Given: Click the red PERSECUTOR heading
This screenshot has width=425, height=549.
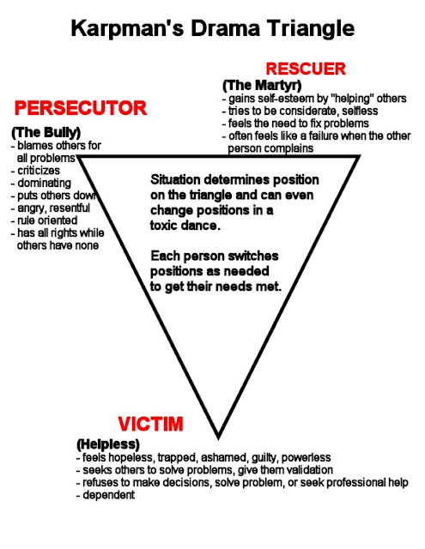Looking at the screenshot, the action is (x=80, y=108).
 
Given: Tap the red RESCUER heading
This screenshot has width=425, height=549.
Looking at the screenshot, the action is (x=306, y=69).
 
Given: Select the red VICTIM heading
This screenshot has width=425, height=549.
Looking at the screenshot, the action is (x=150, y=424).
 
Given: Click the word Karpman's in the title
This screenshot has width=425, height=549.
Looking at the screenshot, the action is (x=128, y=28).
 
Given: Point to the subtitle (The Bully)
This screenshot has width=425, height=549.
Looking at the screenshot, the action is (x=46, y=132).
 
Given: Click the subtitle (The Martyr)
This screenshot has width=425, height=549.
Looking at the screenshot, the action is (x=262, y=85).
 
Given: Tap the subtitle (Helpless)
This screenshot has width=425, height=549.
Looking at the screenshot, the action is (x=108, y=444).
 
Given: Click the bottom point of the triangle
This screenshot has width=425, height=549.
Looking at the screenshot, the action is (x=218, y=437).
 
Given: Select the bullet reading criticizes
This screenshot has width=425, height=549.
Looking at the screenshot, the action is (x=35, y=171).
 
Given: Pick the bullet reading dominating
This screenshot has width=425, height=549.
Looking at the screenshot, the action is (x=41, y=183).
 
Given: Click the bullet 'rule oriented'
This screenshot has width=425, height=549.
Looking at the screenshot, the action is (x=44, y=220).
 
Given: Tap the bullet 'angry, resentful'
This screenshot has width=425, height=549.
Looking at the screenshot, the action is (x=51, y=208).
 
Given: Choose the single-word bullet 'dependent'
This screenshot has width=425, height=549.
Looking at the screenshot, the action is (x=106, y=495).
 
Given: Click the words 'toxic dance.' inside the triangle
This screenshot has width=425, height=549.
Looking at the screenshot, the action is (x=185, y=226).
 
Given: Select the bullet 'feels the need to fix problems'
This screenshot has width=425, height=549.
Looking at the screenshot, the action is (x=295, y=124).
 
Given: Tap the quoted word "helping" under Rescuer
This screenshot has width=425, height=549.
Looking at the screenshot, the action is (x=351, y=99).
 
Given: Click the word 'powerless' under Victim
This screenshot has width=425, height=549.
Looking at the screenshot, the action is (x=306, y=457).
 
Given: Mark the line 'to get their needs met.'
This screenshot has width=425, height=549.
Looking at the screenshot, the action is (x=216, y=287).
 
